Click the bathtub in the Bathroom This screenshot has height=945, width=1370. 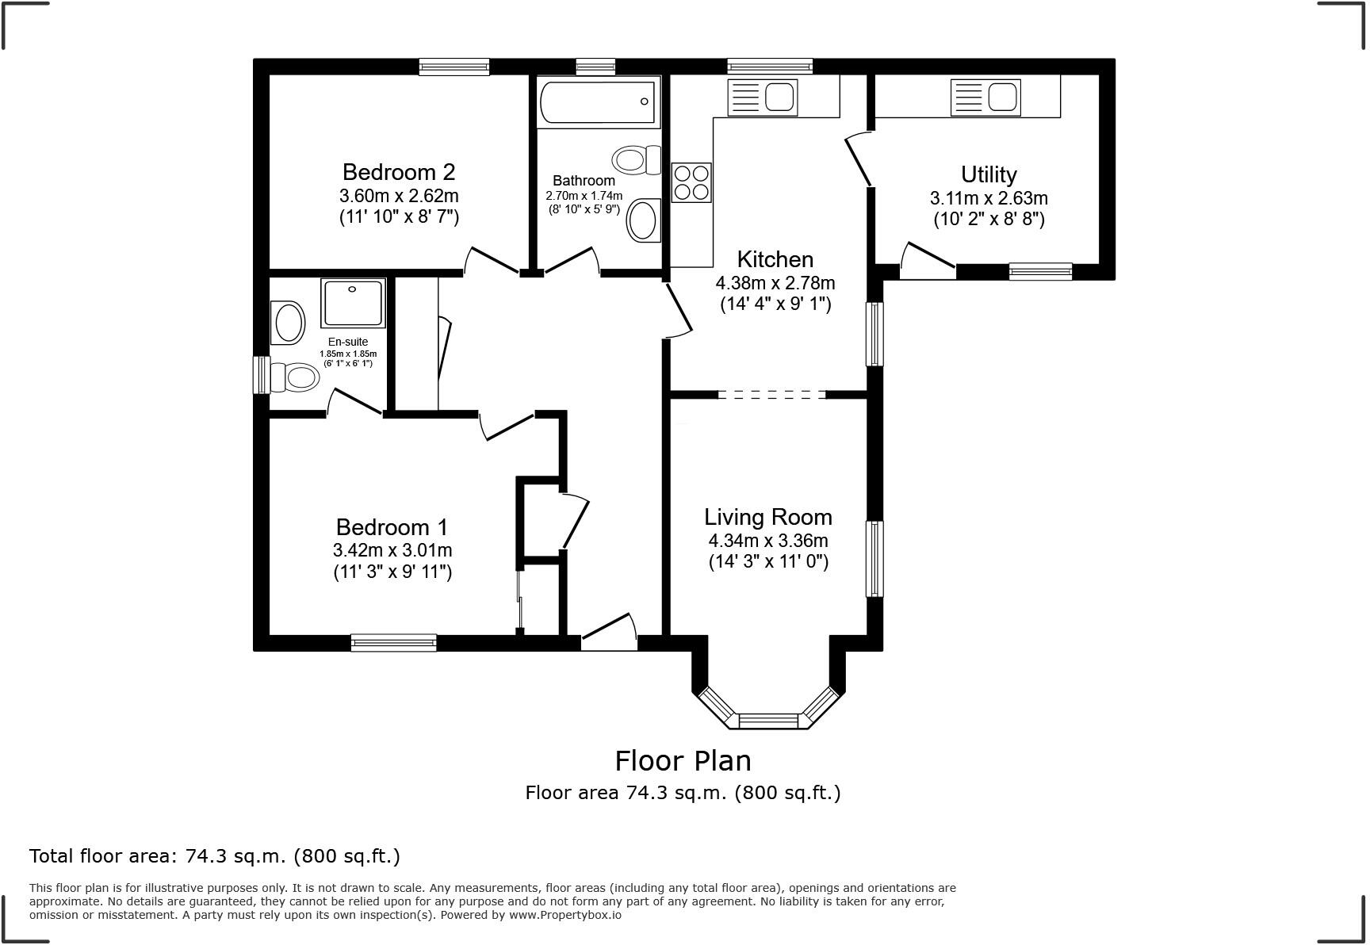pyautogui.click(x=599, y=101)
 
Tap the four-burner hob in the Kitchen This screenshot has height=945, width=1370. pyautogui.click(x=691, y=182)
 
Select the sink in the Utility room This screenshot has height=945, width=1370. pyautogui.click(x=985, y=98)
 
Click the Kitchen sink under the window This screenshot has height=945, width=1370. pyautogui.click(x=762, y=98)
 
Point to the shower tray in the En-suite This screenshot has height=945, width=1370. pyautogui.click(x=353, y=302)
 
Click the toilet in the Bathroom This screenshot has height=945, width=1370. pyautogui.click(x=637, y=160)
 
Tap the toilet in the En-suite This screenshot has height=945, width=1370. pyautogui.click(x=294, y=377)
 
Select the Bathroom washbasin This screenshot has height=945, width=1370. pyautogui.click(x=644, y=220)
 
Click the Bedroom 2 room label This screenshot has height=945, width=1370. pyautogui.click(x=399, y=172)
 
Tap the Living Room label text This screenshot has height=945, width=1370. pyautogui.click(x=768, y=517)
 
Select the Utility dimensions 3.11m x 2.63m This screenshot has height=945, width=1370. pyautogui.click(x=989, y=198)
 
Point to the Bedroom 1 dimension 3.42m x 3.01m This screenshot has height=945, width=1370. pyautogui.click(x=392, y=550)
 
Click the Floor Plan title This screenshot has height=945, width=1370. pyautogui.click(x=683, y=760)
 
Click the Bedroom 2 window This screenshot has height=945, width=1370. pyautogui.click(x=454, y=67)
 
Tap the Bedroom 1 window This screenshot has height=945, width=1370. pyautogui.click(x=394, y=643)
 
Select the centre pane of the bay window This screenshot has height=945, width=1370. pyautogui.click(x=767, y=721)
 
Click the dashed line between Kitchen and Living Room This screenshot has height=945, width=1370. pyautogui.click(x=772, y=394)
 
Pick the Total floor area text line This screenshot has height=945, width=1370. pyautogui.click(x=215, y=856)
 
